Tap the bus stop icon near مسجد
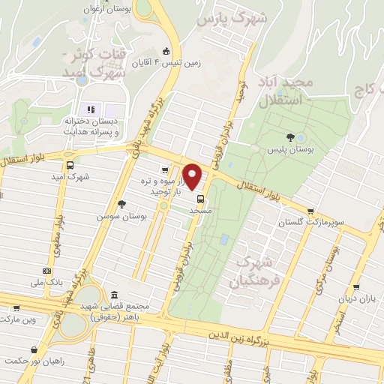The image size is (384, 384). [x=201, y=199]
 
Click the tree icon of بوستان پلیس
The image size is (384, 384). [x=290, y=136]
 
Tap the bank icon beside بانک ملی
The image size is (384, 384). [x=47, y=270]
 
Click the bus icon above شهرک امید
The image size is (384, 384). [x=70, y=166]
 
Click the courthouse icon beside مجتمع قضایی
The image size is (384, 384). [x=113, y=294]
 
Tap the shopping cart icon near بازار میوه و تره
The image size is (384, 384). [x=164, y=170]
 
